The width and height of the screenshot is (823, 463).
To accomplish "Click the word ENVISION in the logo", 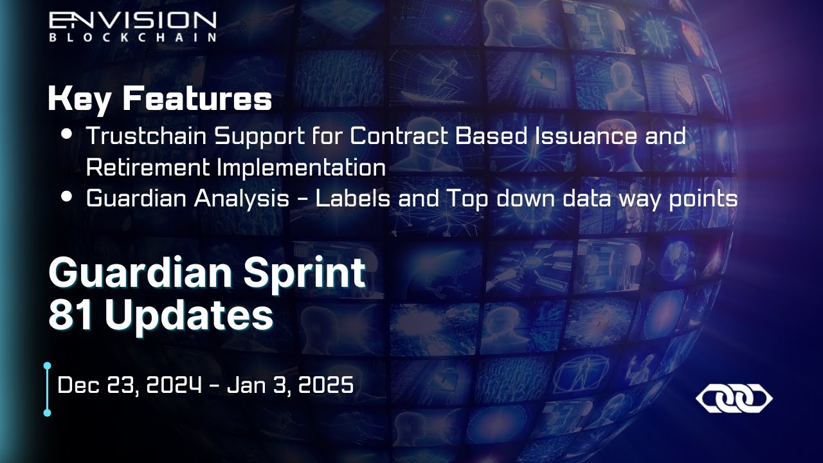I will (132, 21).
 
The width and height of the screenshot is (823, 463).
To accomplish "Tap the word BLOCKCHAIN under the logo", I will (132, 37).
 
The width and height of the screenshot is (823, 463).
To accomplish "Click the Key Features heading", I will (159, 100).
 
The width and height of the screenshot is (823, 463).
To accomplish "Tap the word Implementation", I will (301, 167).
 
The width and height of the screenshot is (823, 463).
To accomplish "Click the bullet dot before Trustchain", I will (66, 135).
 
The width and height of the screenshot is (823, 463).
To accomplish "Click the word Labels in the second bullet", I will (356, 199).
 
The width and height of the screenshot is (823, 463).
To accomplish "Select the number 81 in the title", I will (71, 315).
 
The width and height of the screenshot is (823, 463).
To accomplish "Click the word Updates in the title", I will (188, 315).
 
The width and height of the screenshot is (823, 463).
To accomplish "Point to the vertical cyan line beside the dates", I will (47, 389).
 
